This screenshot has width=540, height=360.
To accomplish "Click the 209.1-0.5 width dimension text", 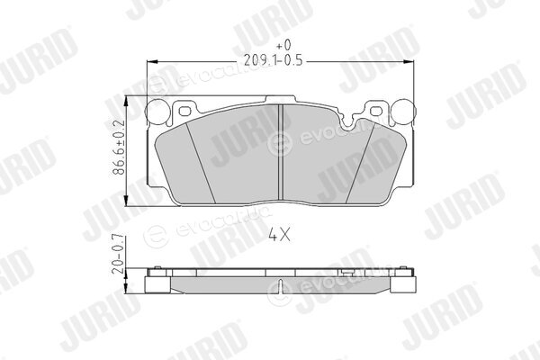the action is pos(273,60).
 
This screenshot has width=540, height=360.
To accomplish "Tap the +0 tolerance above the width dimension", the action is pos(283,45).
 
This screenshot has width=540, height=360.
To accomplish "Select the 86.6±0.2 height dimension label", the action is pos(119,148).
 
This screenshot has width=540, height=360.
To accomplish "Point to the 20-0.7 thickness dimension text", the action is pos(119,254).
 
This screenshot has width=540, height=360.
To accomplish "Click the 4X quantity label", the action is pos(279,235).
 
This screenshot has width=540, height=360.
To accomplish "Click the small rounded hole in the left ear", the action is pos(184,112).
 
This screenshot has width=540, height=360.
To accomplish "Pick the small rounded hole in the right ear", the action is pos(375,111).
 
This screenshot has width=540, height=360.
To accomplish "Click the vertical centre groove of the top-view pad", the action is pos(280,152).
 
